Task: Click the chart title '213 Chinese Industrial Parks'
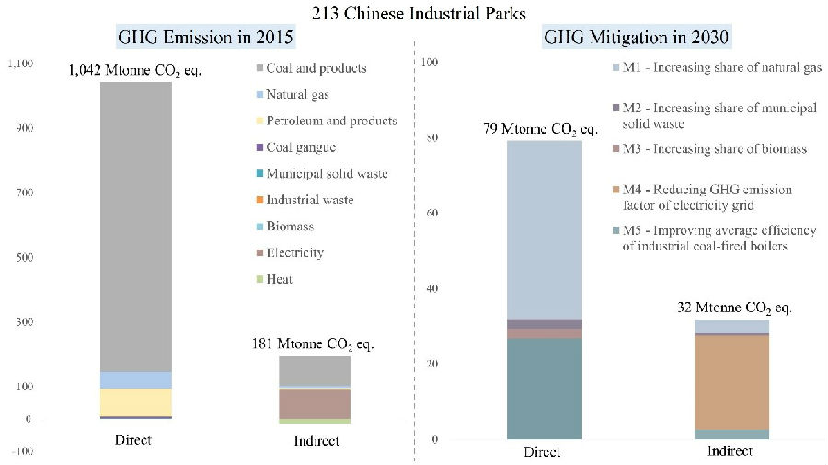[x=413, y=12]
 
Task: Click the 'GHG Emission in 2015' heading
[x=205, y=38]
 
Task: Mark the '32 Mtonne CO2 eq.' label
[x=731, y=308]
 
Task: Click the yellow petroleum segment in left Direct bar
[x=135, y=402]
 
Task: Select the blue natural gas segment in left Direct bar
[x=135, y=379]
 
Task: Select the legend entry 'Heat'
[x=280, y=279]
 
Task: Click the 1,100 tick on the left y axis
[x=20, y=64]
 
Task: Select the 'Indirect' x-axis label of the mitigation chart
[x=730, y=451]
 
